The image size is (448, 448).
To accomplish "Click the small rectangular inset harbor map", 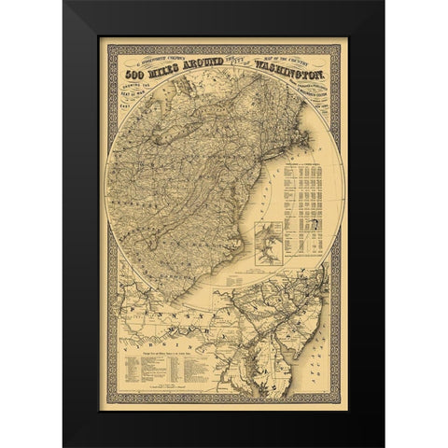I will click(x=271, y=240).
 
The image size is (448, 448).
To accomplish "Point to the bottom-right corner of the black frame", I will click(x=383, y=446).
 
